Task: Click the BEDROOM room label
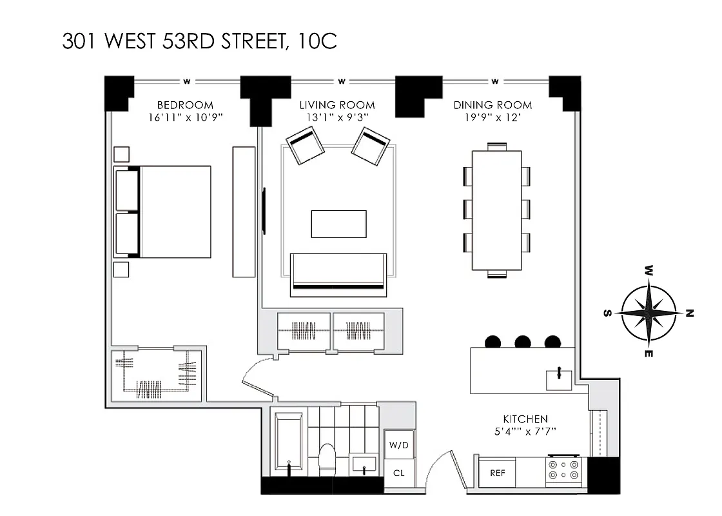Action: pos(185,105)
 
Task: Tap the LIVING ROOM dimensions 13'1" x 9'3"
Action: pos(337,117)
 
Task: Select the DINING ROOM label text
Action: pos(493,105)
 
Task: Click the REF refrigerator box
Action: pos(497,473)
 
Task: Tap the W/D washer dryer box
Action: pos(399,445)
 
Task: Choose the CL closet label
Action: pos(399,473)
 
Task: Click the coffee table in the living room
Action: pos(338,224)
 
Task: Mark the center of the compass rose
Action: pos(649,312)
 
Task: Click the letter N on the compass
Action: pos(689,314)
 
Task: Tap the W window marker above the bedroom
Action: pos(186,81)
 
